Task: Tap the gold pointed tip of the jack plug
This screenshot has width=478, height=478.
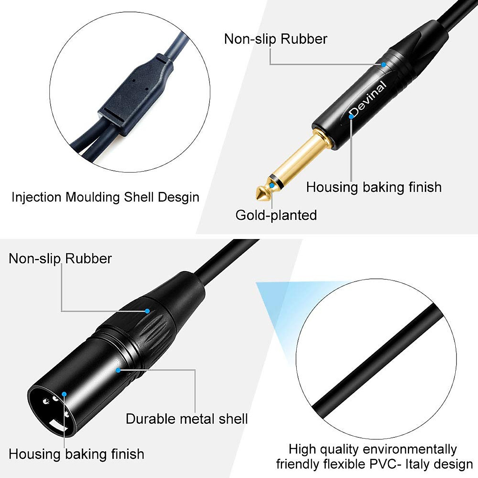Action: coord(261,193)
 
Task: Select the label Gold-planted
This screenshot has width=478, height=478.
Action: coord(276,215)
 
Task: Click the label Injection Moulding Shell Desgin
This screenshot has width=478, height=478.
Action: coord(105,197)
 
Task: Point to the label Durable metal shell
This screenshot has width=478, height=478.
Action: coord(186,419)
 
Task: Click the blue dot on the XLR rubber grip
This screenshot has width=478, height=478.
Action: coord(147,311)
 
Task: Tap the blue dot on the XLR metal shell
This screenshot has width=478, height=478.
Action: coord(118,370)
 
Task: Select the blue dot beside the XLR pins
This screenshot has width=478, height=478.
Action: coord(64,394)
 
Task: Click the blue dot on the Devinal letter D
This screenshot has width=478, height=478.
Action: coord(351,116)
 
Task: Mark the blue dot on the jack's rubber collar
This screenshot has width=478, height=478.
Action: coord(383,64)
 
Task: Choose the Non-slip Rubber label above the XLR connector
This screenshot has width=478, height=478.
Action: coord(60,259)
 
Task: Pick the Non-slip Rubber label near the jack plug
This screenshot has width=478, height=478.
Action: coord(276,39)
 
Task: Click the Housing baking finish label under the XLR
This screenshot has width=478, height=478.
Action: coord(76,454)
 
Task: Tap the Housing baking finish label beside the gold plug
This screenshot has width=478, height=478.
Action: coord(374,187)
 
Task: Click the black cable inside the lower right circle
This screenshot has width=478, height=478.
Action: coord(378,358)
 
